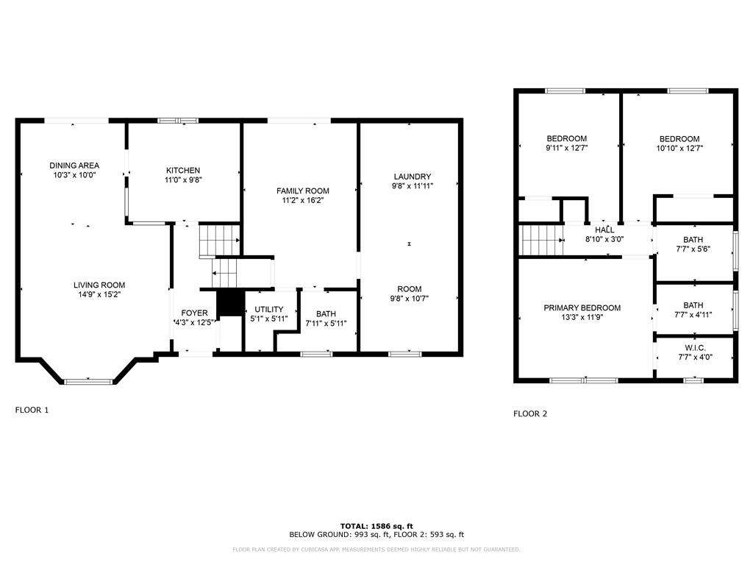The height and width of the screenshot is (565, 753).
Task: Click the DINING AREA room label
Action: [x=74, y=166]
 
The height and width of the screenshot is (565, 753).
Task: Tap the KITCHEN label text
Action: [x=183, y=170]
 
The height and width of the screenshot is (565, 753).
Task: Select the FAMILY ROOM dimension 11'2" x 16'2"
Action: [x=302, y=200]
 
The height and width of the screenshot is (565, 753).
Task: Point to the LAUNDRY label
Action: [x=412, y=177]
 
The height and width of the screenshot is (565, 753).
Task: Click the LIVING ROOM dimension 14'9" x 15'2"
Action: [x=99, y=294]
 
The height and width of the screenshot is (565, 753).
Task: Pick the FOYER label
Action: [x=194, y=313]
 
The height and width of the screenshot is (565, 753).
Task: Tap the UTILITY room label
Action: [x=269, y=309]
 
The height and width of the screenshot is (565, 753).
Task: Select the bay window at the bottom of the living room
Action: [x=88, y=382]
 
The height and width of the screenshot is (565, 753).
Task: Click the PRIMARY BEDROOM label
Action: [x=582, y=308]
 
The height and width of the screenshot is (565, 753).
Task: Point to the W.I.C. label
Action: [x=695, y=348]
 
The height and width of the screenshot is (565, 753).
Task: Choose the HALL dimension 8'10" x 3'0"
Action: [x=604, y=239]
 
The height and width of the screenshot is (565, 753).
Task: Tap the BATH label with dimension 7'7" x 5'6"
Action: [x=693, y=240]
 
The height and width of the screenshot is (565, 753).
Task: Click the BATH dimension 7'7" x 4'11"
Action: [x=693, y=315]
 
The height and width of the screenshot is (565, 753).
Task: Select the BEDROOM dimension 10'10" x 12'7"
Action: [x=679, y=149]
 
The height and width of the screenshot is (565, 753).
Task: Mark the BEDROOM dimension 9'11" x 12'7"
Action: [x=567, y=148]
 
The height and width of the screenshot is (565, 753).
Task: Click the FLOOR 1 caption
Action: [x=32, y=410]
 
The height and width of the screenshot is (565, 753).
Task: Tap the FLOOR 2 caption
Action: [x=530, y=413]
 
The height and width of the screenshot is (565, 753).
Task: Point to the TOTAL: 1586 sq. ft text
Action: [x=376, y=526]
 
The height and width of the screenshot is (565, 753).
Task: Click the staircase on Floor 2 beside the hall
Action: [x=542, y=240]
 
